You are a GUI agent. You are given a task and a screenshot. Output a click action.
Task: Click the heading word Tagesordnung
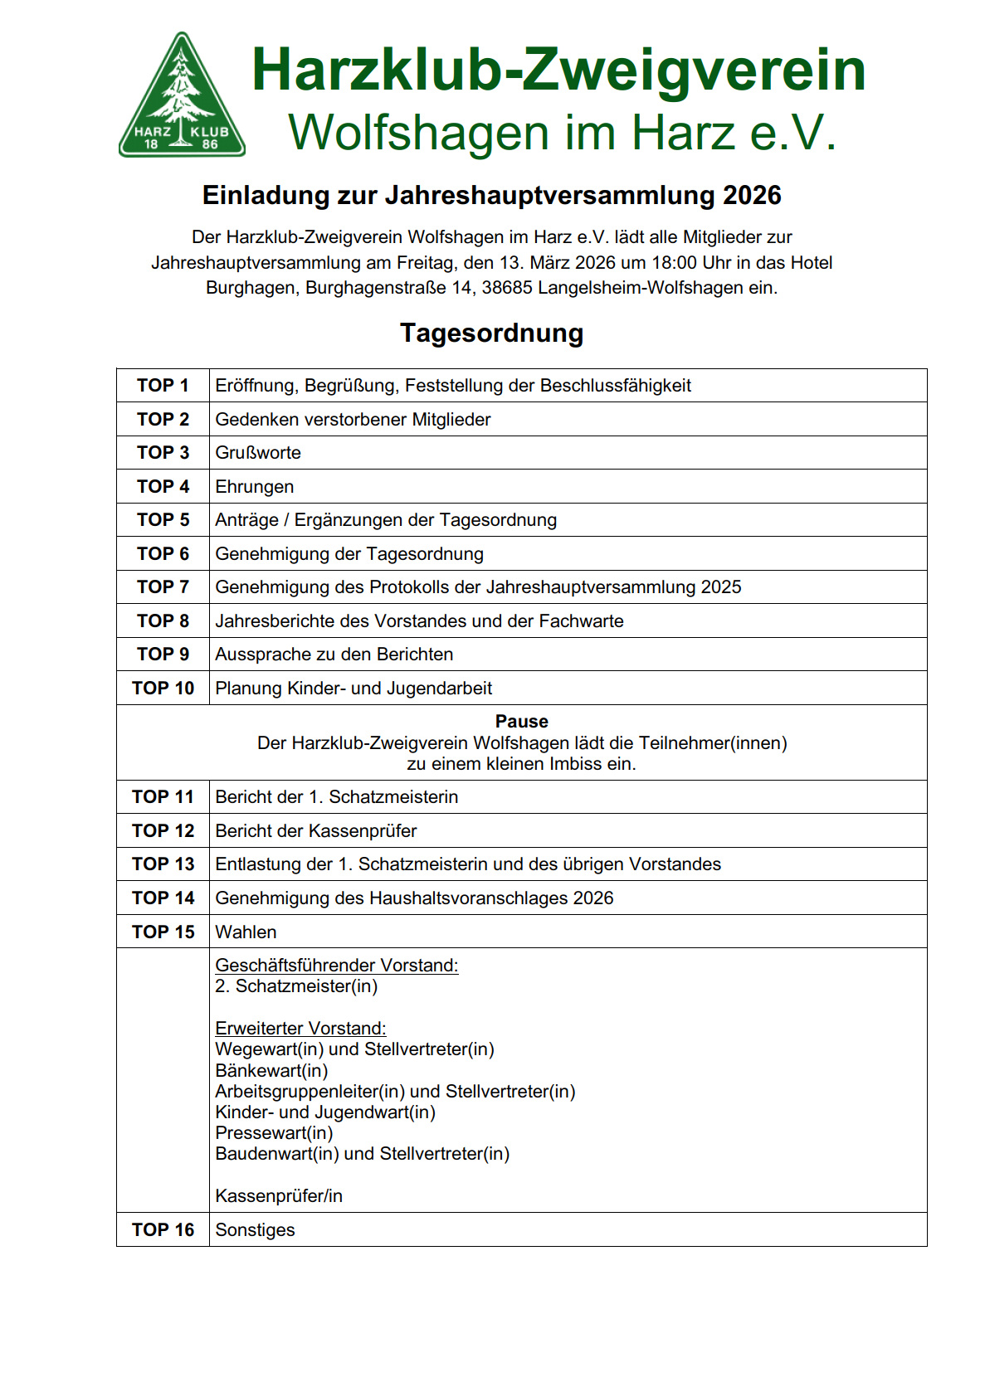tap(491, 333)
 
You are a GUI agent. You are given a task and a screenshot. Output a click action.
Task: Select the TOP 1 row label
tap(163, 386)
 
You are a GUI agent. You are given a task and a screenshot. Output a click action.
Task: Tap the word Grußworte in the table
tap(258, 453)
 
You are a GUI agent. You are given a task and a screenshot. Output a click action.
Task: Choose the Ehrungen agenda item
tap(254, 487)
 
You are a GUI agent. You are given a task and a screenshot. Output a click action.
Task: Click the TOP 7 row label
tap(163, 587)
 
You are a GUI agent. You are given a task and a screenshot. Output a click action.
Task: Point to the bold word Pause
tap(521, 721)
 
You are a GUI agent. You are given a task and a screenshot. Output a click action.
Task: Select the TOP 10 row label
tap(163, 689)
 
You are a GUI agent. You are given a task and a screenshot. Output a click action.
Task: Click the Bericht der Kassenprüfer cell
tap(315, 831)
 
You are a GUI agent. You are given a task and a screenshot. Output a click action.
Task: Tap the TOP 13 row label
tap(163, 864)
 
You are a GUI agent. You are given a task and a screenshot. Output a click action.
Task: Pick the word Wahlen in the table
tap(246, 932)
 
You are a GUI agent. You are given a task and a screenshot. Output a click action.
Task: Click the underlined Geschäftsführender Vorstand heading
tap(336, 966)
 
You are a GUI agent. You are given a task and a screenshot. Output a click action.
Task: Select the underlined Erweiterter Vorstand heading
tap(300, 1029)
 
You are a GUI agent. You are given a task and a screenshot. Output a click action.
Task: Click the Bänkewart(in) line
tap(271, 1071)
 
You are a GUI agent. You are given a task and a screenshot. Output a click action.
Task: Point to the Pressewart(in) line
tap(274, 1133)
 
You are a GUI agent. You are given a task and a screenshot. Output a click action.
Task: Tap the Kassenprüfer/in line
tap(279, 1196)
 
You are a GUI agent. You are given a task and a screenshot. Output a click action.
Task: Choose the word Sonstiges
tap(255, 1230)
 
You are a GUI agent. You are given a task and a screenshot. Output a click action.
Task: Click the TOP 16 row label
tap(163, 1230)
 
